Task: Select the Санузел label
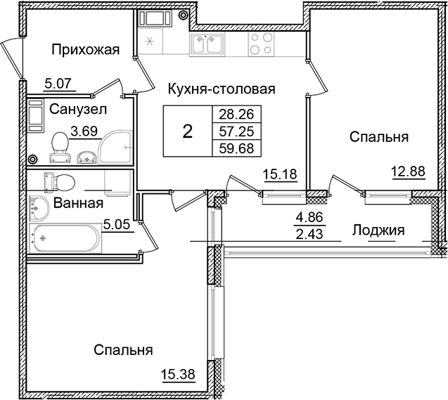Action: [77, 109]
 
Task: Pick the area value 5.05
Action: [117, 226]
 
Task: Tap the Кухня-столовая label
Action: [220, 89]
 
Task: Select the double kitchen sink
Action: [208, 45]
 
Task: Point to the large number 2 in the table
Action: [187, 131]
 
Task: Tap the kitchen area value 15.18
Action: [276, 173]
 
